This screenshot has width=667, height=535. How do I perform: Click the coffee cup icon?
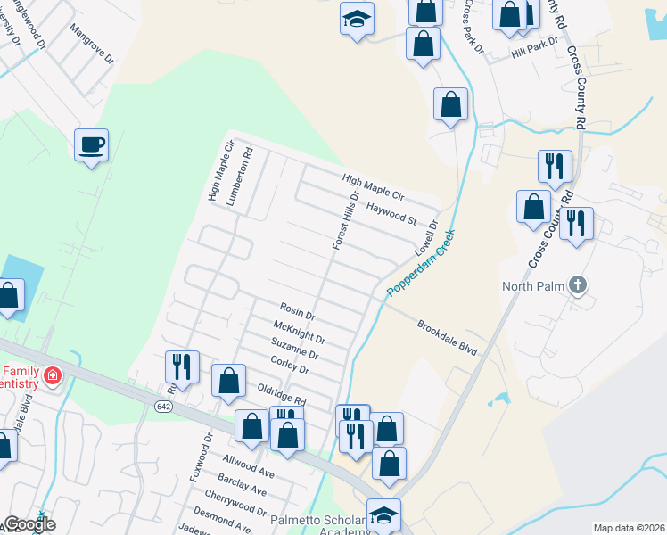pyautogui.click(x=91, y=144)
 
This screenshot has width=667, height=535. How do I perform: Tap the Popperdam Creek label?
pyautogui.click(x=421, y=265)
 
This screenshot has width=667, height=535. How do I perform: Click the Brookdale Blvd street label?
pyautogui.click(x=448, y=338)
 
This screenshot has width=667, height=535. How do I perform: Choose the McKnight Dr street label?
pyautogui.click(x=300, y=333)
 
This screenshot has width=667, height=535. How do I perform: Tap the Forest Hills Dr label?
pyautogui.click(x=346, y=219)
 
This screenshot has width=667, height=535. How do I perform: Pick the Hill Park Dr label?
pyautogui.click(x=534, y=48)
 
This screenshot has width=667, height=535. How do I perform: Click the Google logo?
pyautogui.click(x=29, y=524)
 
